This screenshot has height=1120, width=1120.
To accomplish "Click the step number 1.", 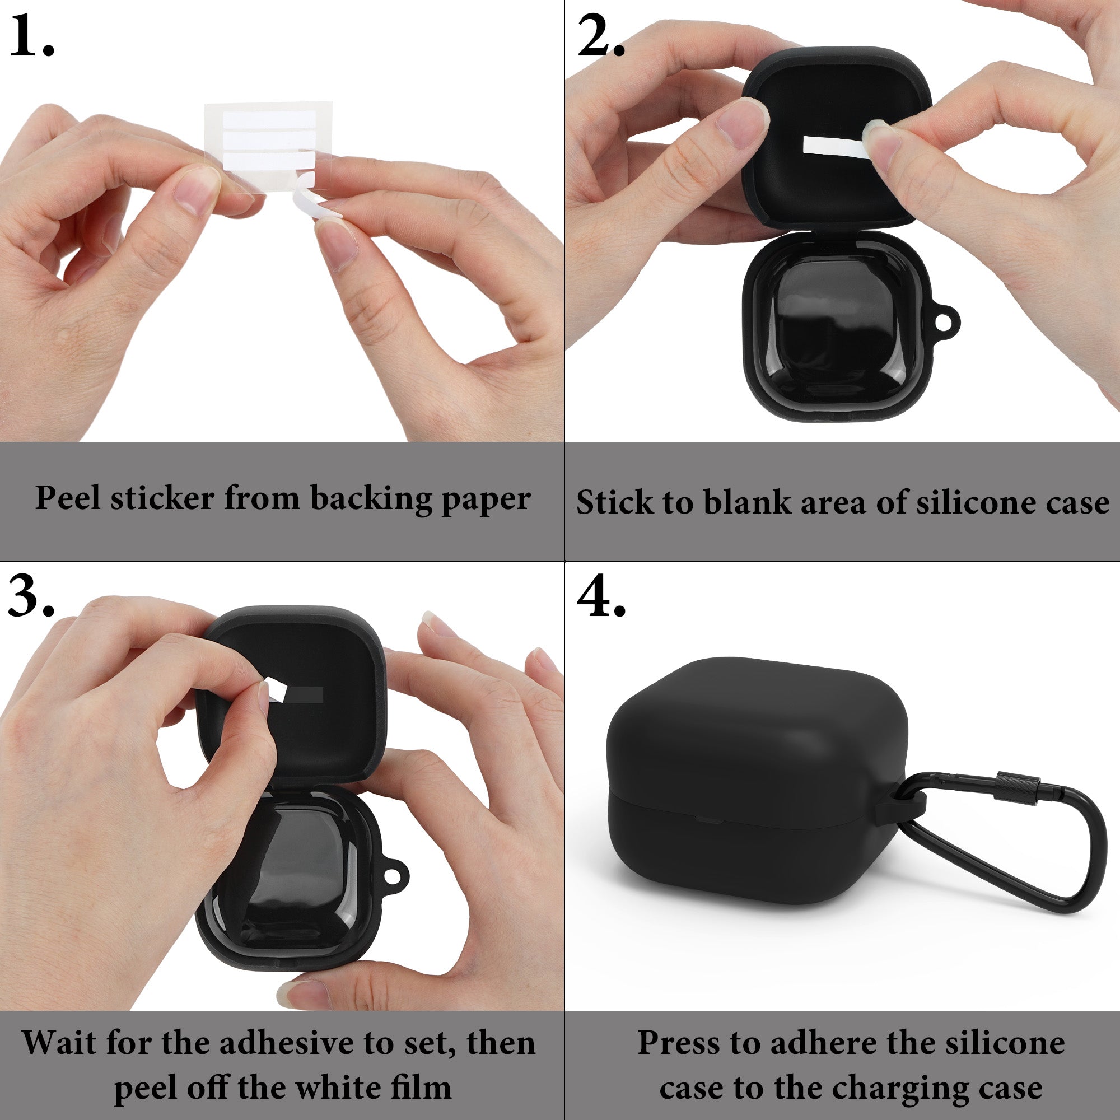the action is point(32,36).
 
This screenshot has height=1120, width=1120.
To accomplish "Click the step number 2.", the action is point(601,36).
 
